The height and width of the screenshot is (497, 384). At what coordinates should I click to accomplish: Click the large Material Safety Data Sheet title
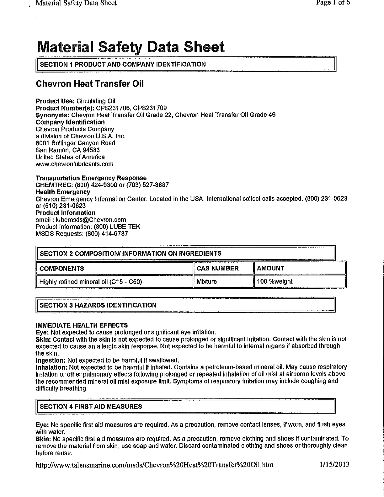[131, 47]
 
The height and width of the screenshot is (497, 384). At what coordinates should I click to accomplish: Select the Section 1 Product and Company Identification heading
[123, 64]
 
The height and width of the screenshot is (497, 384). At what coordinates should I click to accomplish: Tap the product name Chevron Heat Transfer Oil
[90, 84]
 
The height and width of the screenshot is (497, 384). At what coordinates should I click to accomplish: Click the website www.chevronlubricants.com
[75, 164]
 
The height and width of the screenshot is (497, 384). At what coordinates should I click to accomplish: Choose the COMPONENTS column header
[61, 269]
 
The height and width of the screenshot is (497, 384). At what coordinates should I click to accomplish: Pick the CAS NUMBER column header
[217, 268]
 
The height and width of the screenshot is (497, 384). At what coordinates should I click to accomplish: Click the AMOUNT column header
[270, 268]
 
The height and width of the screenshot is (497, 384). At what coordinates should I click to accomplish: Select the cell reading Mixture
[206, 281]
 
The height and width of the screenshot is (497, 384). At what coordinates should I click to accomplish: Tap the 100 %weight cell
[275, 281]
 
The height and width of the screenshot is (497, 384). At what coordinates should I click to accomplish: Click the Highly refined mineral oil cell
[90, 281]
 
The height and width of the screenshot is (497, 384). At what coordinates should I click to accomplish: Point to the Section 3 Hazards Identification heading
[98, 305]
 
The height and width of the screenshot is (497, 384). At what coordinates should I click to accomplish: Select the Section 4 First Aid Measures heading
[91, 407]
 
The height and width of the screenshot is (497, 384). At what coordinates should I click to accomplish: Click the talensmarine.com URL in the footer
[155, 465]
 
